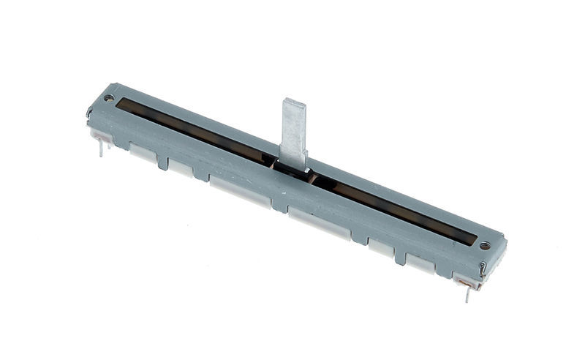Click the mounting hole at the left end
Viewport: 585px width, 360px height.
109,97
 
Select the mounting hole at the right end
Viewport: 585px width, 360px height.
483,247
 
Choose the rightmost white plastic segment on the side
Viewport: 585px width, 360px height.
421,265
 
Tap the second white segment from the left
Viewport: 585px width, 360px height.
180,168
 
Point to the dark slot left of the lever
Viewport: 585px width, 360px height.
197,129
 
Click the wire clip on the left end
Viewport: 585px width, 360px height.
89,113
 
